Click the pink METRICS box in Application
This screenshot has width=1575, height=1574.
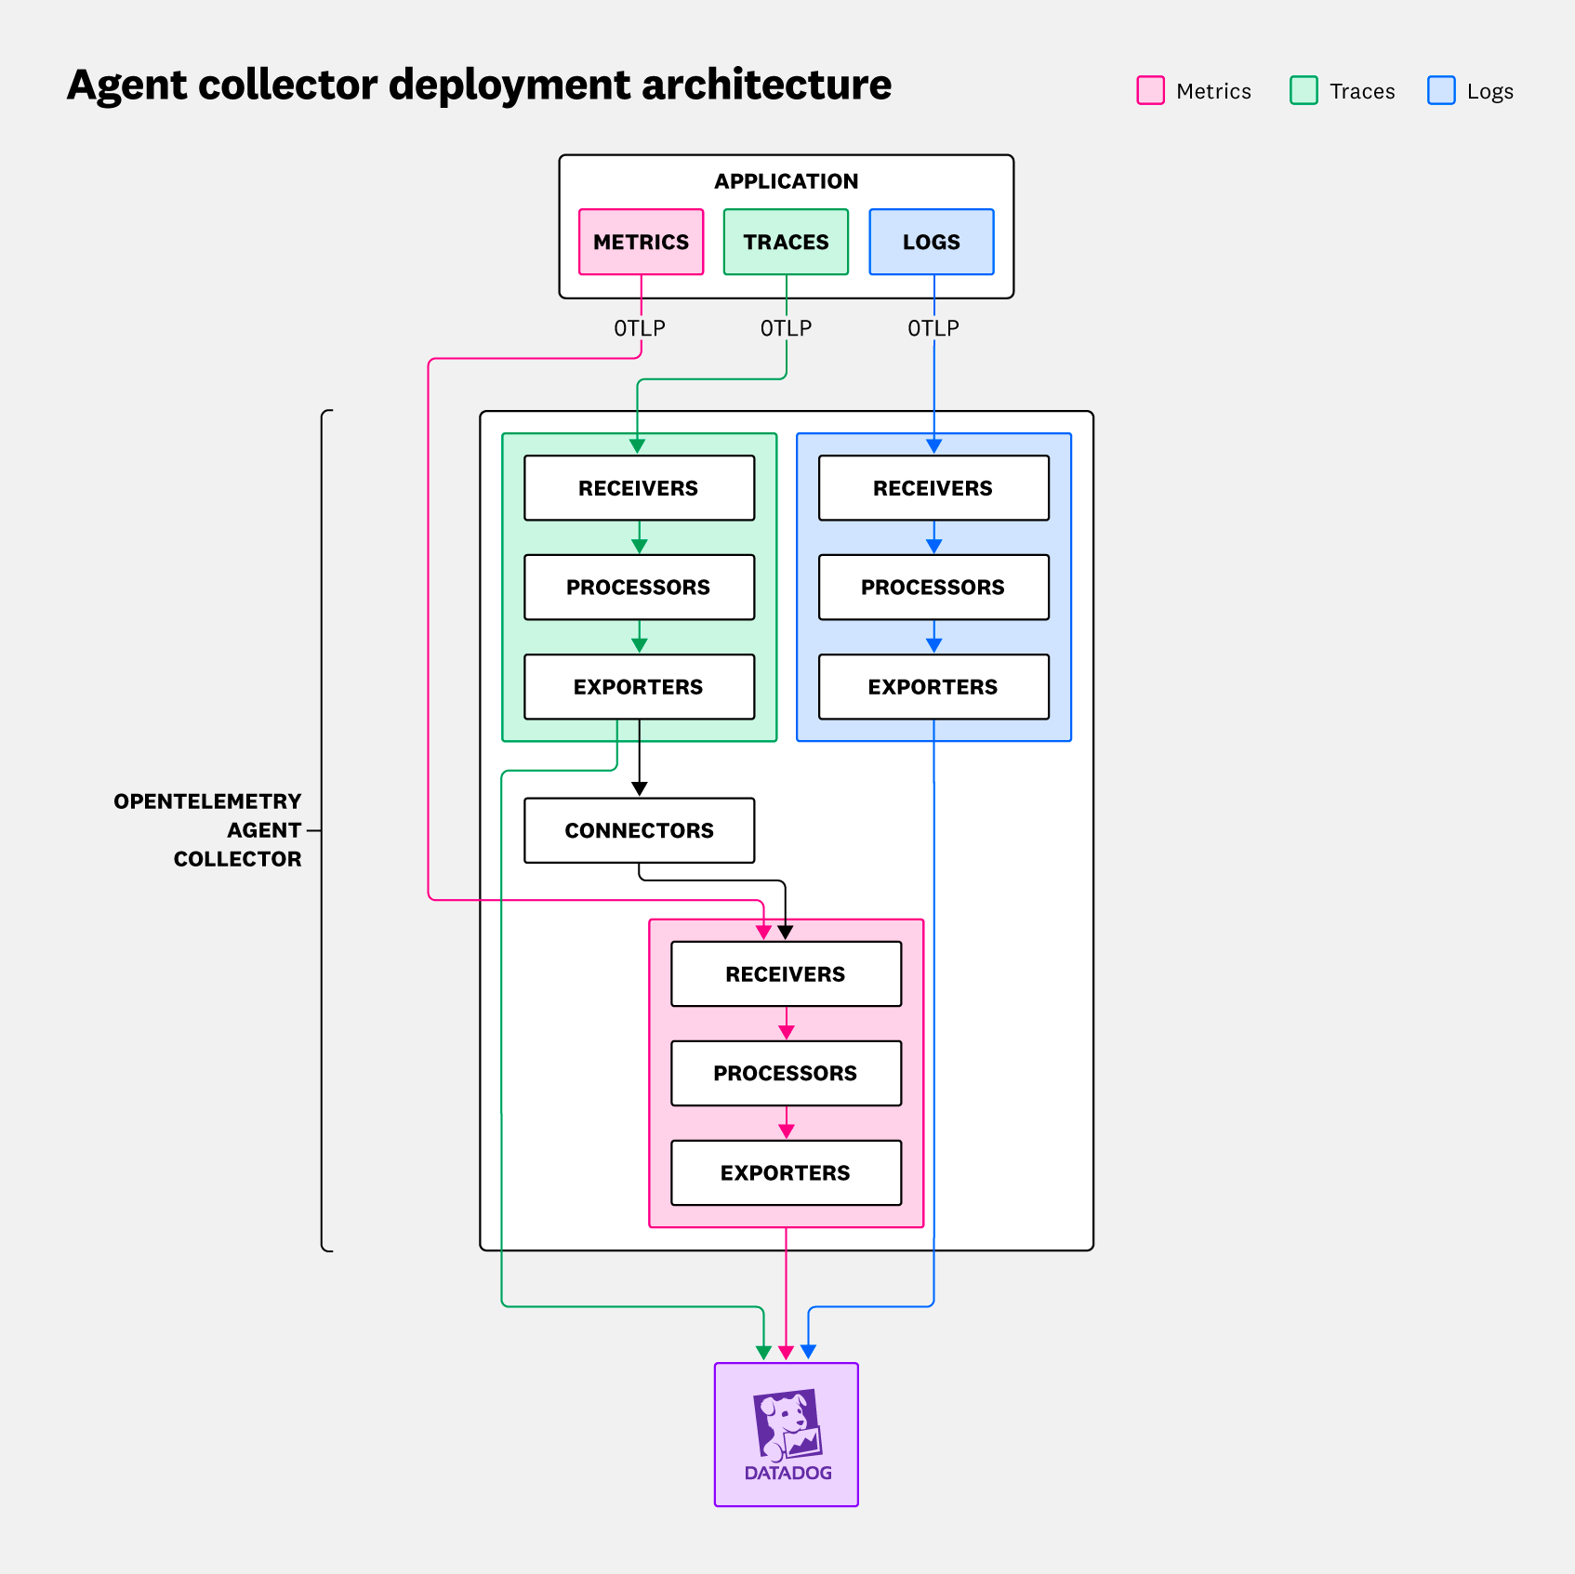[x=641, y=242]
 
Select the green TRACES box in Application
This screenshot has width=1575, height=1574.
[x=786, y=242]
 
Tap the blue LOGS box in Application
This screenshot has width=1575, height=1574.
[x=931, y=242]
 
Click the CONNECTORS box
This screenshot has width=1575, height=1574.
[x=639, y=830]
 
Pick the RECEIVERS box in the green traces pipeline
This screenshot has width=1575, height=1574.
[x=639, y=488]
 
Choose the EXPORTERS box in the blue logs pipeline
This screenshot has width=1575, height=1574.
[x=933, y=687]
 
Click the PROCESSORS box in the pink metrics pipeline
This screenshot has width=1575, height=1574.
[x=786, y=1073]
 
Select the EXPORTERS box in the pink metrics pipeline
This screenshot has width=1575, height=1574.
[x=786, y=1172]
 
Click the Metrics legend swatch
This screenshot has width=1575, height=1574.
[x=1150, y=91]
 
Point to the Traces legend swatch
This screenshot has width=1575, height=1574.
[x=1304, y=91]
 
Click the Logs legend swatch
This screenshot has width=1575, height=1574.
[x=1441, y=91]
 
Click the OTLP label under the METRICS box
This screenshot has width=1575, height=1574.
[x=640, y=328]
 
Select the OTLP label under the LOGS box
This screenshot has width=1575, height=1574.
[x=933, y=328]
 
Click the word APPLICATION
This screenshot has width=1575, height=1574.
[x=786, y=181]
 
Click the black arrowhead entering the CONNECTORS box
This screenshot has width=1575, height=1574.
[x=639, y=789]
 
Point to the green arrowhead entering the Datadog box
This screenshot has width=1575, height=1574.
[x=763, y=1353]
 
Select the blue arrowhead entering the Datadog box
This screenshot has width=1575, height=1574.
[x=809, y=1352]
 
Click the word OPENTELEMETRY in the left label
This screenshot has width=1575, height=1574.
[x=207, y=801]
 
